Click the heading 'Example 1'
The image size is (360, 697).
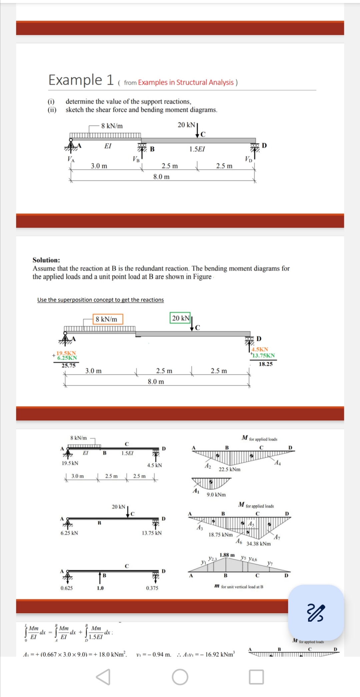[x=81, y=80]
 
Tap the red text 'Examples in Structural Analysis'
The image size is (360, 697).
[x=186, y=82]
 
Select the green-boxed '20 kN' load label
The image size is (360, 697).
[x=180, y=318]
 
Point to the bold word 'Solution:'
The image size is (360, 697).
[x=46, y=260]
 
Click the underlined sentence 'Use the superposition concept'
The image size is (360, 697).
[x=100, y=300]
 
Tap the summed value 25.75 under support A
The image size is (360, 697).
[x=68, y=366]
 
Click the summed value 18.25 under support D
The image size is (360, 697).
[x=266, y=364]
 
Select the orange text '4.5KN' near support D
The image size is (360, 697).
[x=260, y=349]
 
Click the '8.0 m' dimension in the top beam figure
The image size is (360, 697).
[x=161, y=177]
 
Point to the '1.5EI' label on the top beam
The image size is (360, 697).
[x=197, y=149]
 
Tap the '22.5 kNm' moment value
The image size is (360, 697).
[x=229, y=469]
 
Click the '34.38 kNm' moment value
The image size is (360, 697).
[x=258, y=544]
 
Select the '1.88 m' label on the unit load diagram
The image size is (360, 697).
[x=227, y=555]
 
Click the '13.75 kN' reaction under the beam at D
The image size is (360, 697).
[x=152, y=533]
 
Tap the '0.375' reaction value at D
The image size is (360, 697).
[x=152, y=588]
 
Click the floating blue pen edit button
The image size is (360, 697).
[x=315, y=613]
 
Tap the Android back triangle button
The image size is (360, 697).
[x=103, y=677]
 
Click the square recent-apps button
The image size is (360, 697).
[x=256, y=677]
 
